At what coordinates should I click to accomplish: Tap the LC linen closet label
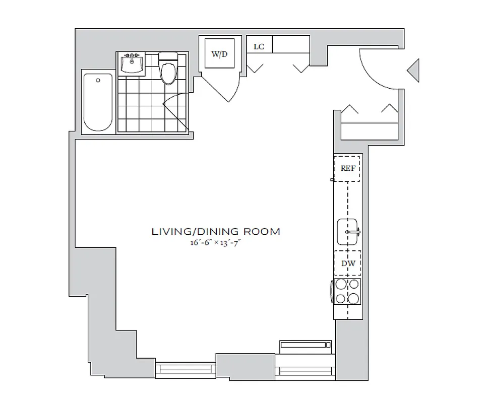pyautogui.click(x=259, y=47)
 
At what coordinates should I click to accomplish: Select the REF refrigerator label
pyautogui.click(x=347, y=169)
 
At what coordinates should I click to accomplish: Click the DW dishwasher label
pyautogui.click(x=347, y=263)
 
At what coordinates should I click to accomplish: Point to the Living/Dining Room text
pyautogui.click(x=216, y=232)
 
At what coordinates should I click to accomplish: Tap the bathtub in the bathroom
pyautogui.click(x=98, y=102)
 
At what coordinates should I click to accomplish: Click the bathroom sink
pyautogui.click(x=132, y=63)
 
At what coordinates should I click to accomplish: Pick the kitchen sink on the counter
pyautogui.click(x=347, y=232)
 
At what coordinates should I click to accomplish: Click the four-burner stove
pyautogui.click(x=347, y=292)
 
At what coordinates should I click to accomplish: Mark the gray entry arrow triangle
pyautogui.click(x=413, y=70)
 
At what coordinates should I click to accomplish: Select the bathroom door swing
pyautogui.click(x=176, y=111)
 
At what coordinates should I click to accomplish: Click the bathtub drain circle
pyautogui.click(x=98, y=80)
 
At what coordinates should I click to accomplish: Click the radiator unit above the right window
pyautogui.click(x=306, y=346)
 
